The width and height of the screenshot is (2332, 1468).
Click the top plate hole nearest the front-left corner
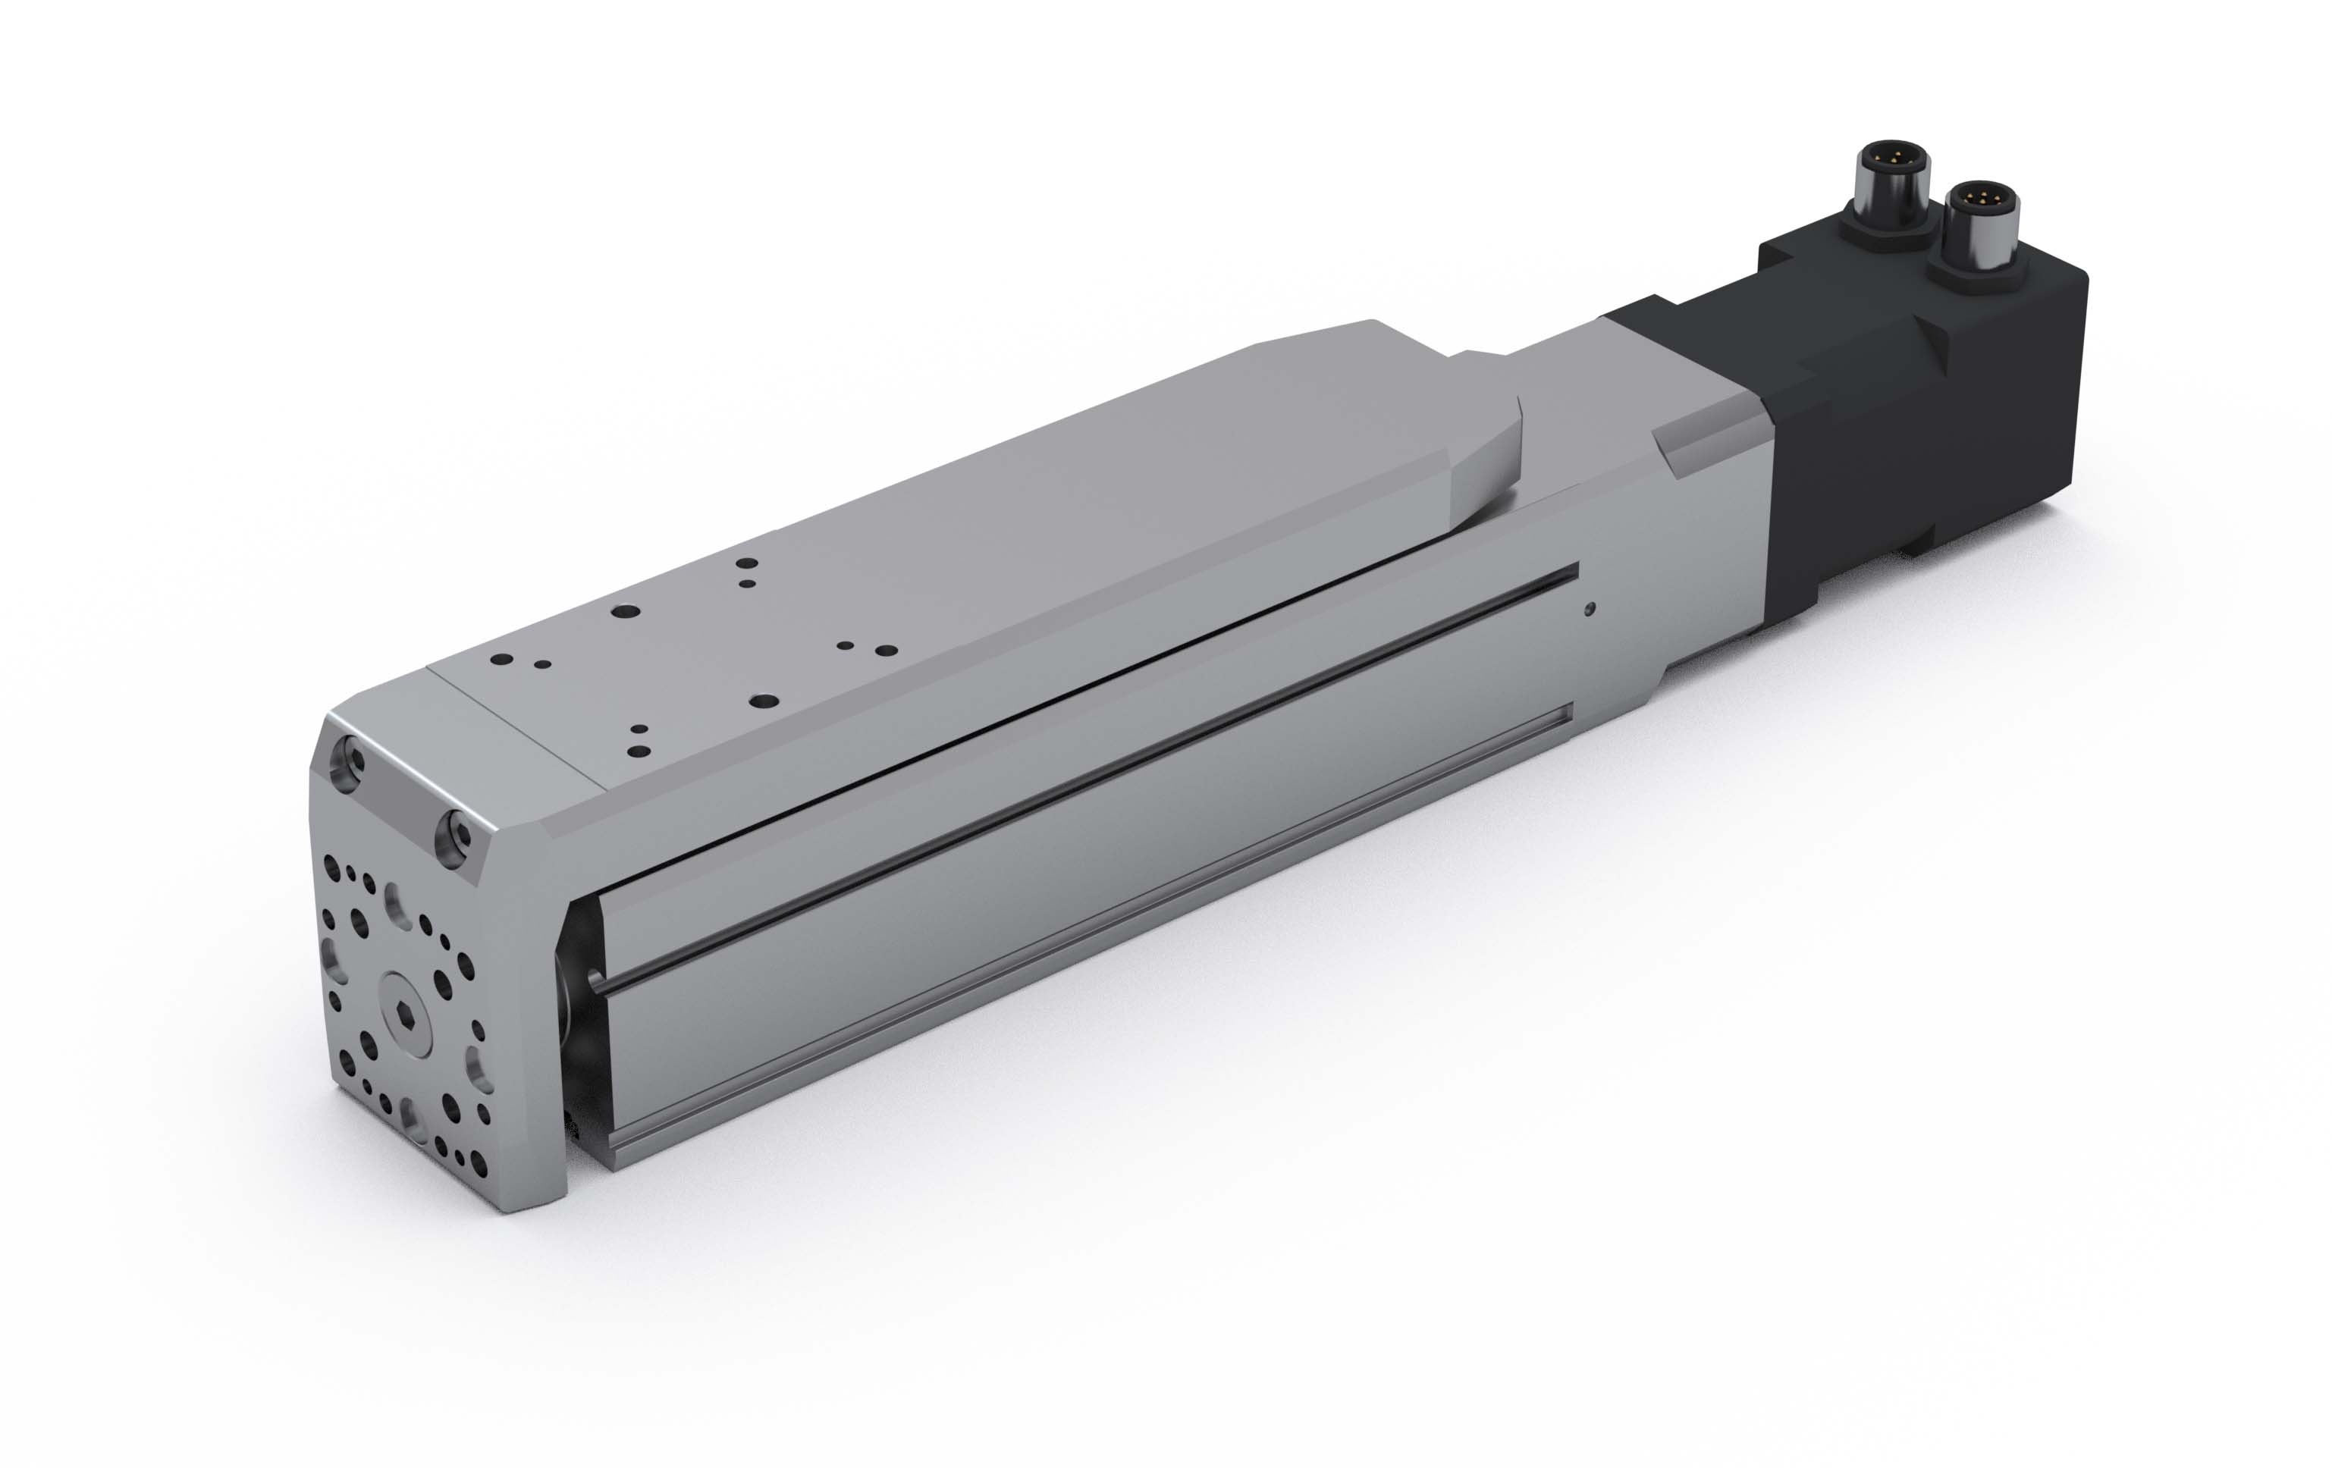(x=501, y=660)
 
